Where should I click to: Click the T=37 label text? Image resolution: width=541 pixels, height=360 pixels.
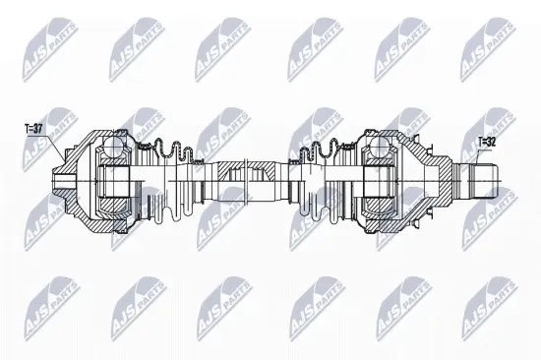pos(34,127)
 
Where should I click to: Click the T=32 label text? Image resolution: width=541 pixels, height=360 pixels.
pos(486,143)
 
